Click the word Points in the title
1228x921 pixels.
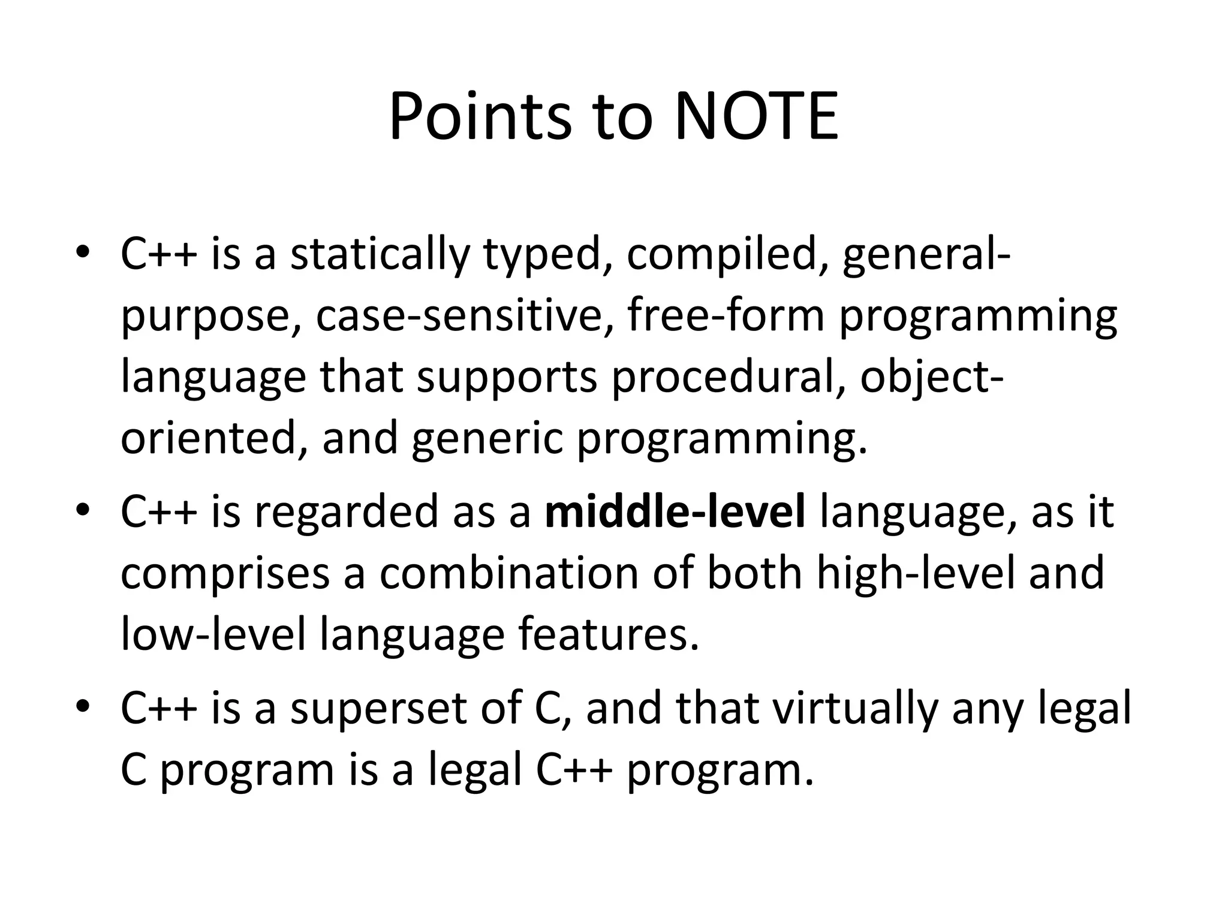(480, 117)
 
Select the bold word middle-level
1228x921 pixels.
(675, 512)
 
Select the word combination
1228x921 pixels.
(509, 573)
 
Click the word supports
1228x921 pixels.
(507, 378)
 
